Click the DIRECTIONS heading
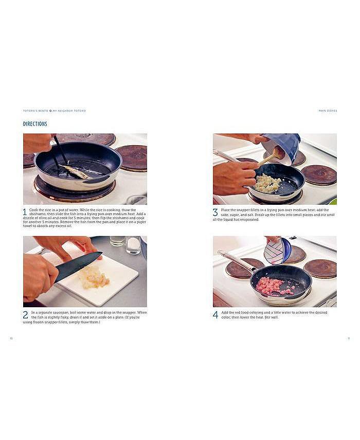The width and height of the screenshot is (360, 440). coord(35,124)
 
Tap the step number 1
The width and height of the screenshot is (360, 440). coord(25,212)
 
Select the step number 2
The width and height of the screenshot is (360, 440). coord(25,314)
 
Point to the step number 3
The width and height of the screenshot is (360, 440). coord(215,212)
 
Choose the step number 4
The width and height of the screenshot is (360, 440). coord(215,314)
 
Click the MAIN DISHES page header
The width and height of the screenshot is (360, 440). coord(328,111)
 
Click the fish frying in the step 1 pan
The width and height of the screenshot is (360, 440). coord(76,172)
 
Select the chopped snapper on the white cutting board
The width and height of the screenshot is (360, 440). coord(94,278)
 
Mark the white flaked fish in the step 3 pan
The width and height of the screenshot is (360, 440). coord(267,183)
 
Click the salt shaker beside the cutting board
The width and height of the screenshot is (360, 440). coord(133,245)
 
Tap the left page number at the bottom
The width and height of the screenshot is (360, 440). coord(11,338)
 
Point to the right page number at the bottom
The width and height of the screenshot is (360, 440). coord(349,338)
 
